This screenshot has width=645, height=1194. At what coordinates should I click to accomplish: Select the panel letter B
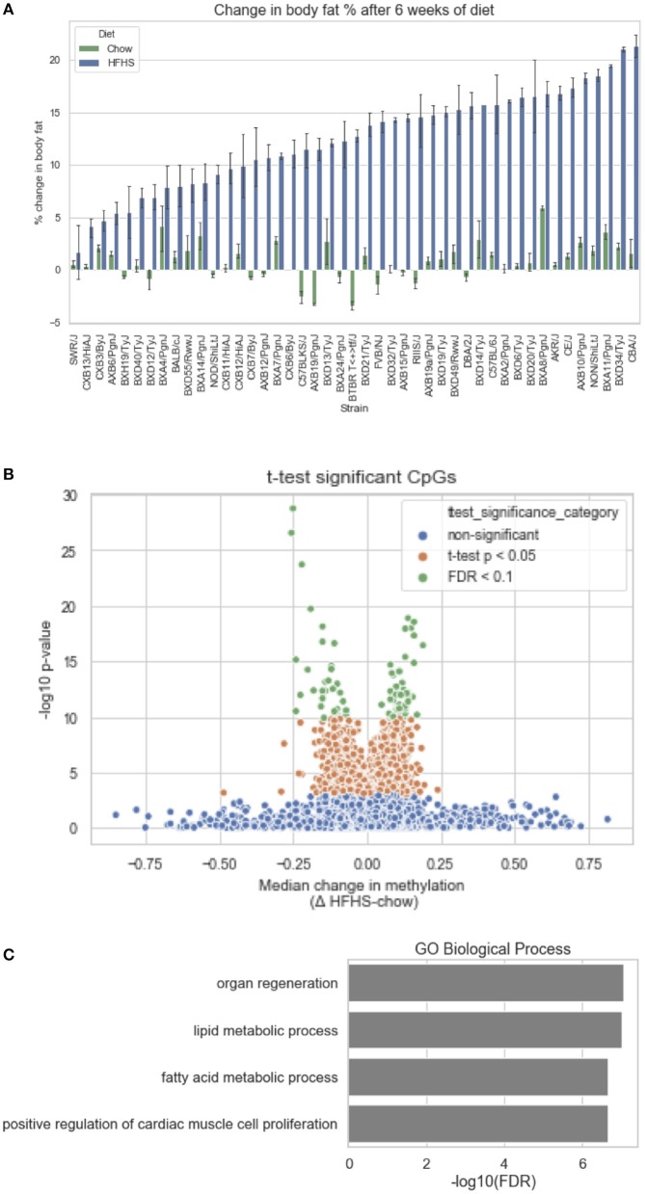click(8, 473)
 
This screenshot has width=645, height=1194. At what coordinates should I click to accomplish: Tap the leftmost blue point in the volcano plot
click(116, 815)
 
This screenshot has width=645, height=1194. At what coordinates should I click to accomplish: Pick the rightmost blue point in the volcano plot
click(607, 819)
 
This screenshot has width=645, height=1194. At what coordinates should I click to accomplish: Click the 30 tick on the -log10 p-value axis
click(70, 495)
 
